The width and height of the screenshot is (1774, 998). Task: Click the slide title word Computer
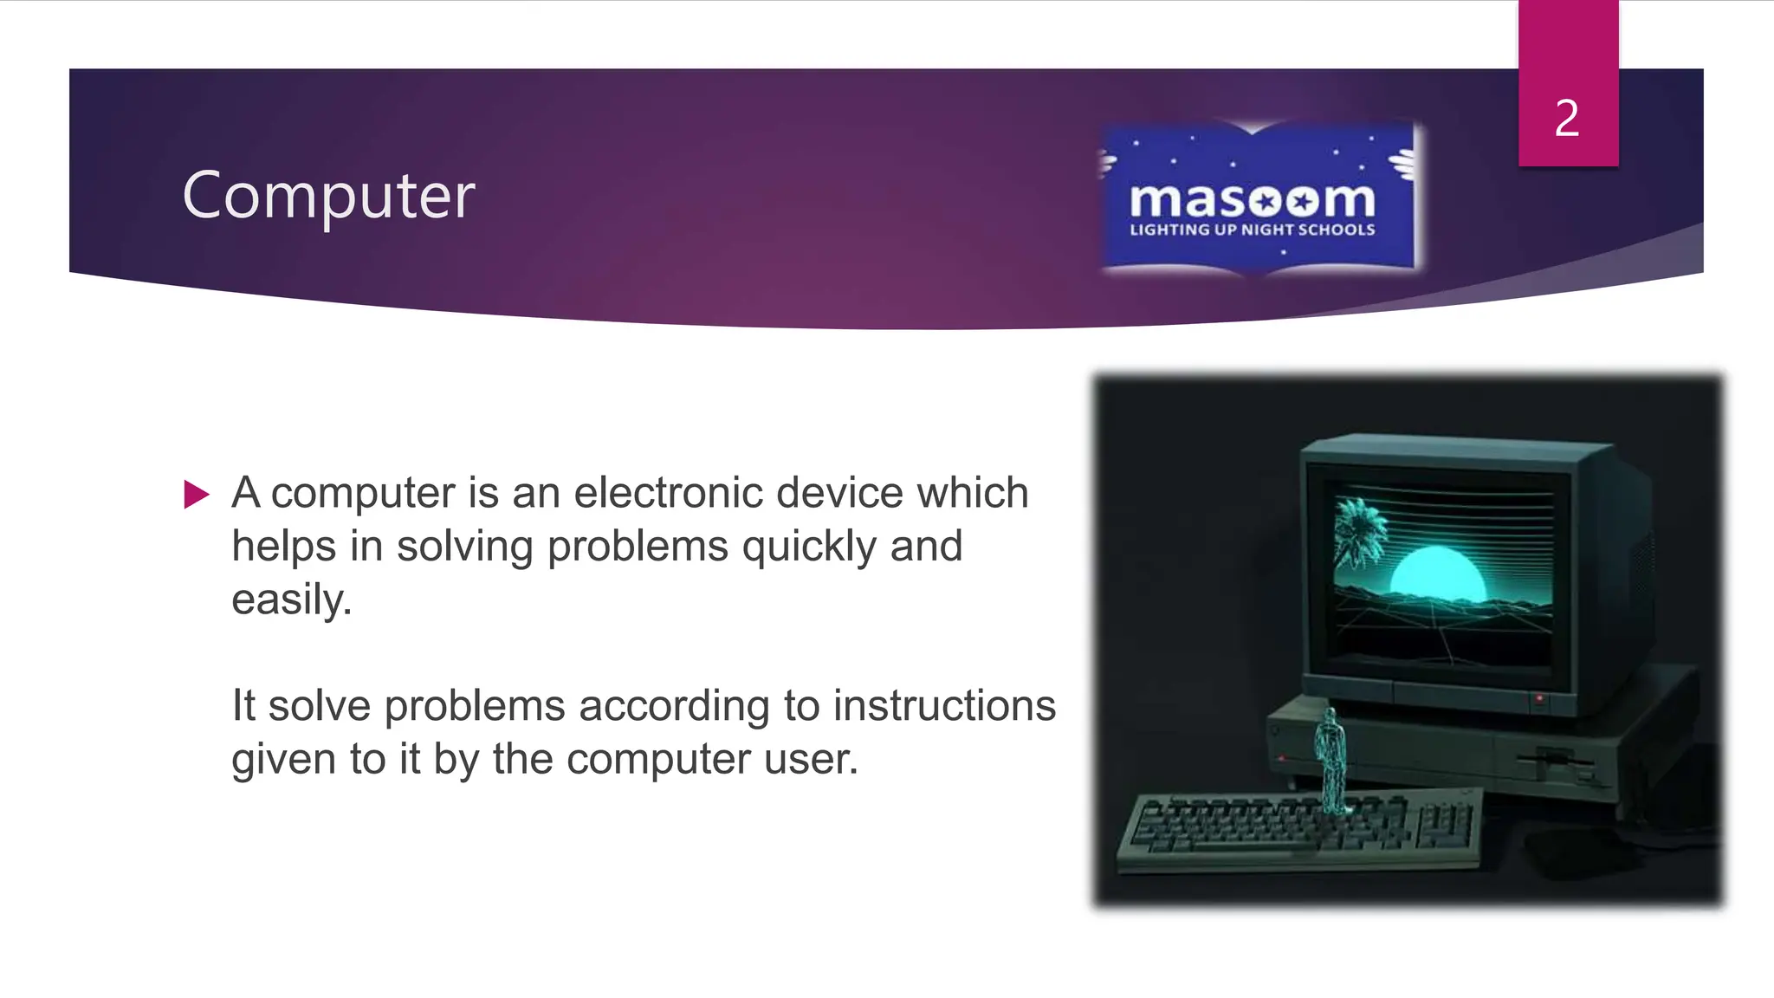328,196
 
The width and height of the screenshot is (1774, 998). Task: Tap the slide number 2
1567,118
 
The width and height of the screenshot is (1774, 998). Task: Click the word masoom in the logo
1253,201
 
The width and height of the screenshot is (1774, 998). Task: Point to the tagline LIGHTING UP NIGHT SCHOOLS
1253,230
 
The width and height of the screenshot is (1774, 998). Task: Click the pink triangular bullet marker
197,495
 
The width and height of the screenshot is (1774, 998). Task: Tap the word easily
291,599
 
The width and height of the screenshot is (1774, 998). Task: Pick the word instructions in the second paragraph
944,706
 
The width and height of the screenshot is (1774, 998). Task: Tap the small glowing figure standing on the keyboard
1330,758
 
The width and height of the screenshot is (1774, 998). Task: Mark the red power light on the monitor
1539,697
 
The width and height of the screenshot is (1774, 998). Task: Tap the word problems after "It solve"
475,706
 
